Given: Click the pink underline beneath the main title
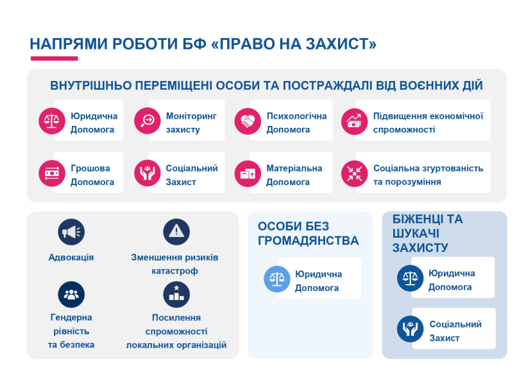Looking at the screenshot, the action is [55, 58].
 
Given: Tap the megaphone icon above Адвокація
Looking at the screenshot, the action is [71, 232].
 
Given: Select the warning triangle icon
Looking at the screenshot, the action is [176, 232].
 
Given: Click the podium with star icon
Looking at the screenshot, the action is [176, 294].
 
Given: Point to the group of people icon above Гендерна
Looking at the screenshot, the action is [71, 294].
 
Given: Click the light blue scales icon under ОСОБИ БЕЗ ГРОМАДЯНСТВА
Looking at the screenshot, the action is [277, 279].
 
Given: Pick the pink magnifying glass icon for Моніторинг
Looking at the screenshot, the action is [148, 121].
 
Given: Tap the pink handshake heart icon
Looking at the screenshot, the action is [248, 121].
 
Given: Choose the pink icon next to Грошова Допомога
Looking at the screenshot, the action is [52, 173].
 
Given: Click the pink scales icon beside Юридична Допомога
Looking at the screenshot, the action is [52, 121].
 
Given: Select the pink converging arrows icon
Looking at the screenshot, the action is [355, 173].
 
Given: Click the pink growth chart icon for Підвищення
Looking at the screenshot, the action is [355, 121].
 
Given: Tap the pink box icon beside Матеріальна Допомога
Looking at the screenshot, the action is [248, 173].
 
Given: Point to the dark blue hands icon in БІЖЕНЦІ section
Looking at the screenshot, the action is [411, 329].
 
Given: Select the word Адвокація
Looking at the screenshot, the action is [71, 258].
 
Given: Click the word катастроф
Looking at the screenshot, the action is [174, 271].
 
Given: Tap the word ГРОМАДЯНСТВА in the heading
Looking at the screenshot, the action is [309, 240].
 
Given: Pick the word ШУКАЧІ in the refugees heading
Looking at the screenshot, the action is [416, 234].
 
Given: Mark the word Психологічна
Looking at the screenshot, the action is [296, 116].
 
